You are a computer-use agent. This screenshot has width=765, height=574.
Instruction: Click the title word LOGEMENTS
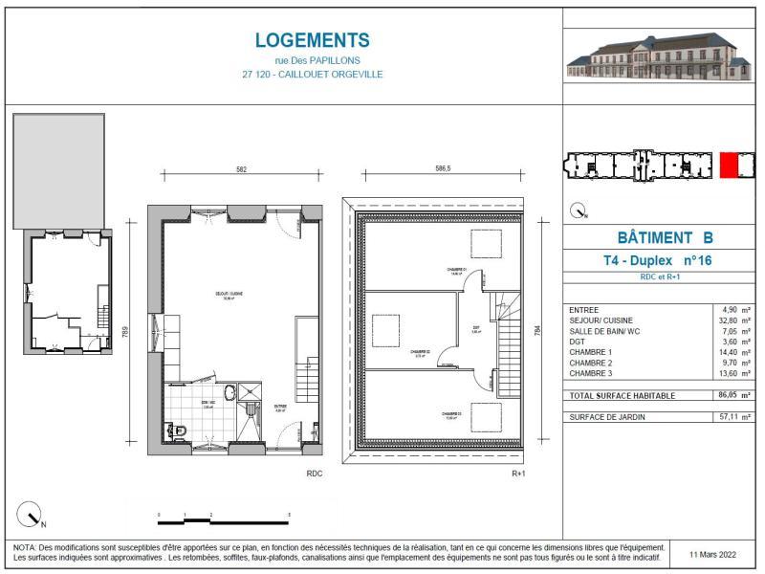tap(313, 40)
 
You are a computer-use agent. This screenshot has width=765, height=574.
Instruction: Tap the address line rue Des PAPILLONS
tap(313, 60)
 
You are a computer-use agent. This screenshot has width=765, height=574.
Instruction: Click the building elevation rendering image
tap(657, 55)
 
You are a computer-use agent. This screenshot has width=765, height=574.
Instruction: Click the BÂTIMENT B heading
tap(660, 238)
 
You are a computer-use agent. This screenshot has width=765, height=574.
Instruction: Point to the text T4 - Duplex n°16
tap(659, 260)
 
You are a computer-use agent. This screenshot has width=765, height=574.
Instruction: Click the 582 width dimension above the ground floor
tap(242, 169)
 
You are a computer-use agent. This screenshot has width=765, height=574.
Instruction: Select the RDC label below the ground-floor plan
tap(314, 474)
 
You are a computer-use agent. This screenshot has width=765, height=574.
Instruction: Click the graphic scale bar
tap(223, 520)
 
